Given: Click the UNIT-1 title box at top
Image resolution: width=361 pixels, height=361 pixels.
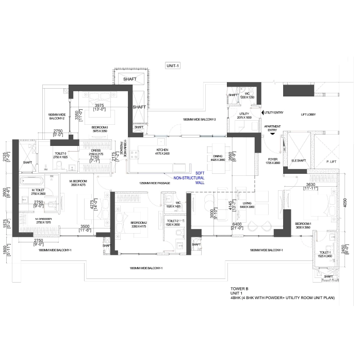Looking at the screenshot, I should pyautogui.click(x=172, y=65).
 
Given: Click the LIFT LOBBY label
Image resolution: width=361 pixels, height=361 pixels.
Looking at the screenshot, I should pyautogui.click(x=308, y=114).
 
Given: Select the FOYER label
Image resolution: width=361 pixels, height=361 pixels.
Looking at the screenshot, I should pyautogui.click(x=272, y=161).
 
